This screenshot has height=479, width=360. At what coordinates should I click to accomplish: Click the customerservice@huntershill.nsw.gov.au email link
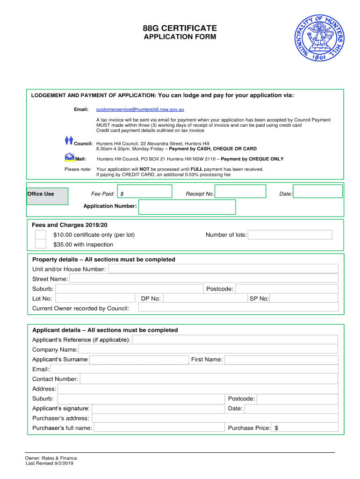click(140, 109)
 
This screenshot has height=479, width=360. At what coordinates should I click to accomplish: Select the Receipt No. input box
click(240, 191)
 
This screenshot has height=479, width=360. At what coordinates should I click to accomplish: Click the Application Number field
click(187, 207)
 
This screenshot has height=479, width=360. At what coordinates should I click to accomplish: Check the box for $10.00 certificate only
click(41, 234)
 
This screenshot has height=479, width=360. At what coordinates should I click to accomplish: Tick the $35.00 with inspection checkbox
click(41, 244)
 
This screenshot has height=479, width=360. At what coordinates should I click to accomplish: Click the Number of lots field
click(290, 235)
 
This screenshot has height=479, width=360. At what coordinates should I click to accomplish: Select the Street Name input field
click(203, 279)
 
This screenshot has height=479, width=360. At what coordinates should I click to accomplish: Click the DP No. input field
click(205, 298)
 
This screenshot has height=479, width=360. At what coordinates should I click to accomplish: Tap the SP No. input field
click(303, 298)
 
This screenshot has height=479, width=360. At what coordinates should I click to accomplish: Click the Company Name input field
click(208, 349)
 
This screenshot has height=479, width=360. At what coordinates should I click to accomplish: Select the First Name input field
click(281, 360)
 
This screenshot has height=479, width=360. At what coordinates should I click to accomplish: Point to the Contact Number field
click(209, 379)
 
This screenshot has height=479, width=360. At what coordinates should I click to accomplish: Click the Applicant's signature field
click(158, 408)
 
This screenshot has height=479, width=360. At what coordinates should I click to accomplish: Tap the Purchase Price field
click(306, 428)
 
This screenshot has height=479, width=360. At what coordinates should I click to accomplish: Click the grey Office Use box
click(47, 196)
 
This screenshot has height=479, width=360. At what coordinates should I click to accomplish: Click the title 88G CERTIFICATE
click(180, 29)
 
